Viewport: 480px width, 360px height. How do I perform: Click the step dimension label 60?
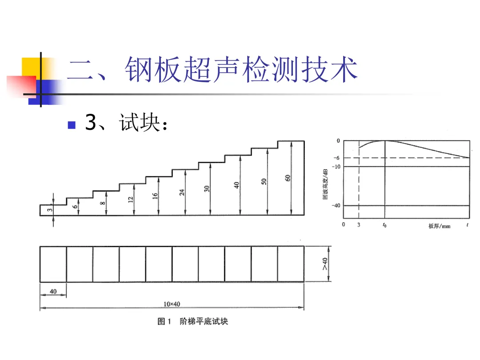(x=288, y=178)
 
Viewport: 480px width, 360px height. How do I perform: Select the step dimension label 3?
(x=50, y=210)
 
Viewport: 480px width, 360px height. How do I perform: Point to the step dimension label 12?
(x=131, y=200)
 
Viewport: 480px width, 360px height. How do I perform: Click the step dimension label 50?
(x=264, y=182)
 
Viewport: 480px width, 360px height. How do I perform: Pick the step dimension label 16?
(x=156, y=196)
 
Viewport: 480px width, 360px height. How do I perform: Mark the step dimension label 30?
(x=207, y=189)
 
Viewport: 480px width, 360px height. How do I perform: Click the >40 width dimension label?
(x=325, y=264)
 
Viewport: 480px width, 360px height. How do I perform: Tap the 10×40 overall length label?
(x=172, y=304)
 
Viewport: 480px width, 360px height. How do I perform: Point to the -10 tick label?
(x=336, y=166)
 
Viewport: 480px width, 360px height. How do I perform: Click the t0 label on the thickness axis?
(x=384, y=225)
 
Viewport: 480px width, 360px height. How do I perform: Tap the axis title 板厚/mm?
(x=439, y=226)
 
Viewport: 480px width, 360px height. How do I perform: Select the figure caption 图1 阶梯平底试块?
(x=193, y=321)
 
